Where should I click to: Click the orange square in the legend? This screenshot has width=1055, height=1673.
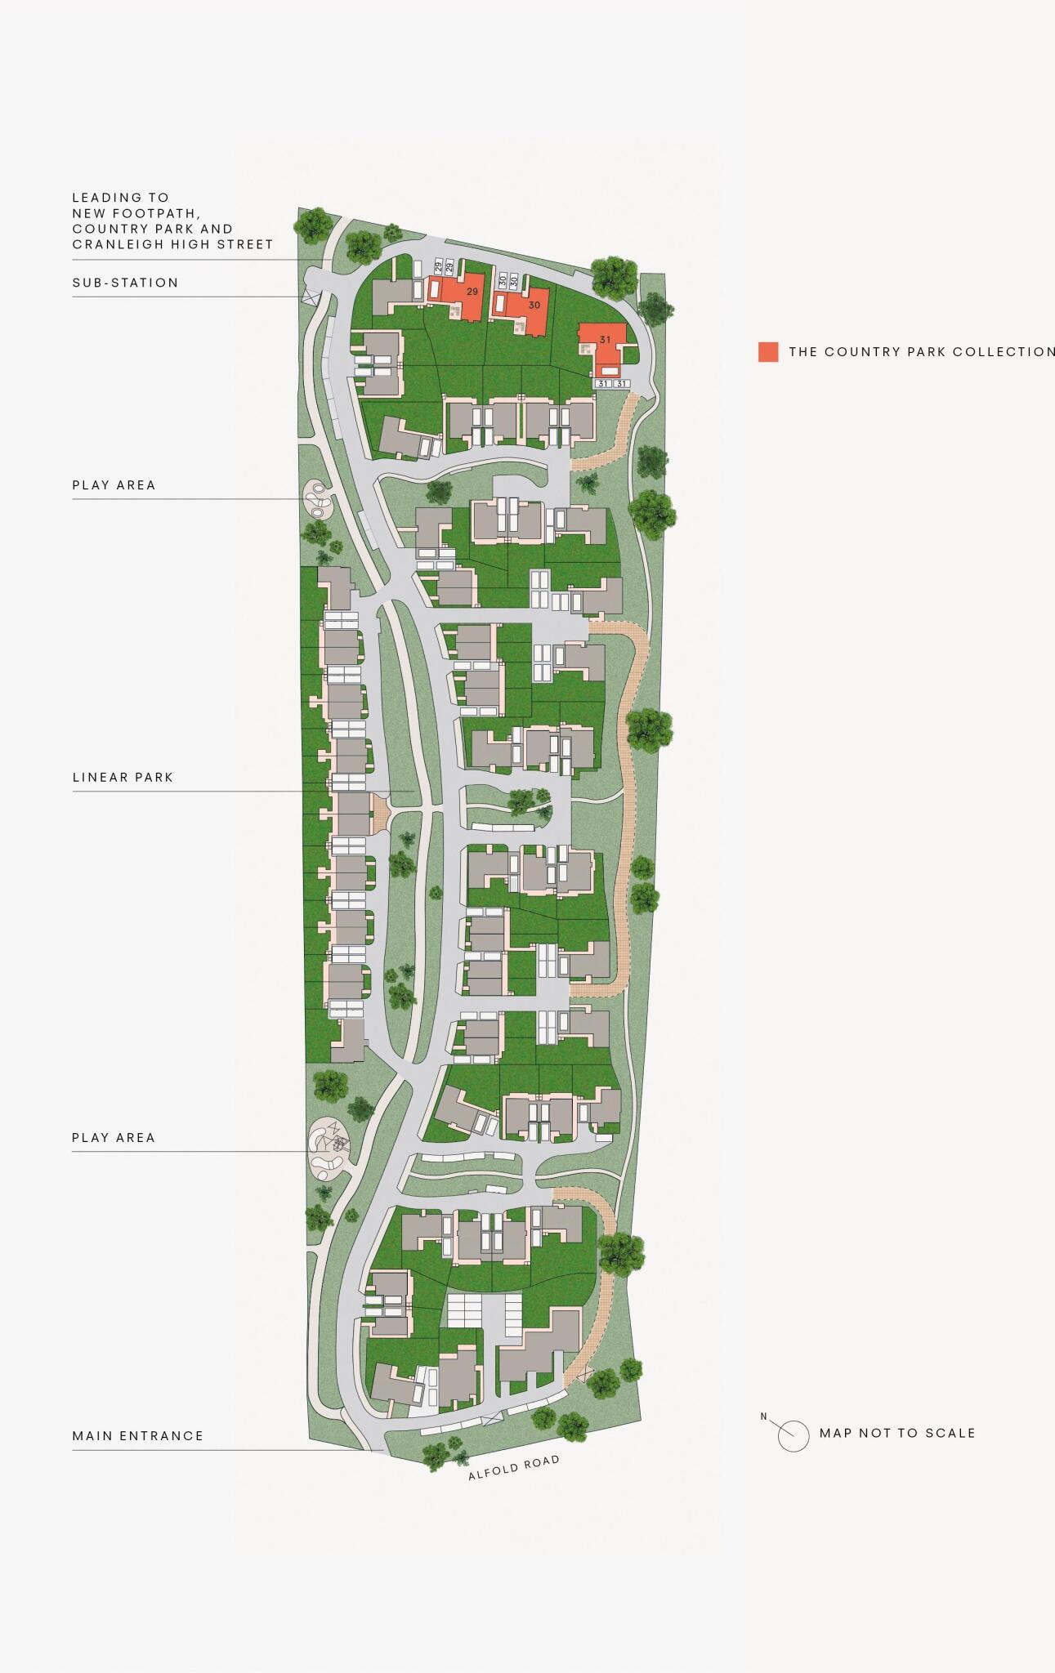767,352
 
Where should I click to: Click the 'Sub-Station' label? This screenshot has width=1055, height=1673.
125,283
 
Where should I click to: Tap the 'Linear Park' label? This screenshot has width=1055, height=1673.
123,777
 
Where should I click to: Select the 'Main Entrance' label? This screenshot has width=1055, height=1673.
137,1435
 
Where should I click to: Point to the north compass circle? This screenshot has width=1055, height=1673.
793,1435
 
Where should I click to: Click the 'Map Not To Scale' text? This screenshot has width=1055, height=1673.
897,1433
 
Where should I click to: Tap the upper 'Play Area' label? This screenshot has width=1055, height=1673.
114,485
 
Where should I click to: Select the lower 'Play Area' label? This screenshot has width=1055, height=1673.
114,1137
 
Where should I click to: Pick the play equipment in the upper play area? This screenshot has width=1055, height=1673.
318,499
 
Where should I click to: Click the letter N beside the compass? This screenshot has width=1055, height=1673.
763,1416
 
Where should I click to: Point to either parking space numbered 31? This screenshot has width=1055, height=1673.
603,383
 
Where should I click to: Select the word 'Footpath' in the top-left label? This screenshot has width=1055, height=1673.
163,213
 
